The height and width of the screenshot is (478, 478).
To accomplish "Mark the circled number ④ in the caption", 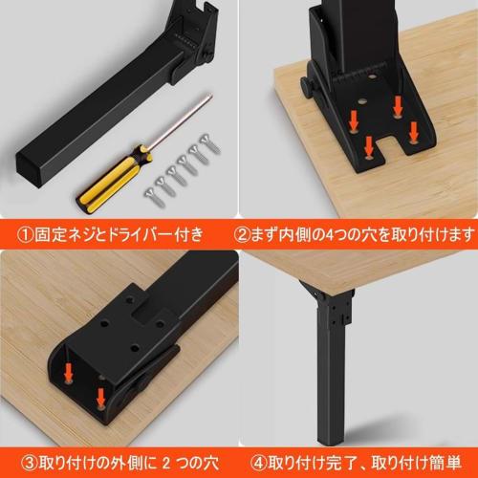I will pyautogui.click(x=251, y=466).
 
